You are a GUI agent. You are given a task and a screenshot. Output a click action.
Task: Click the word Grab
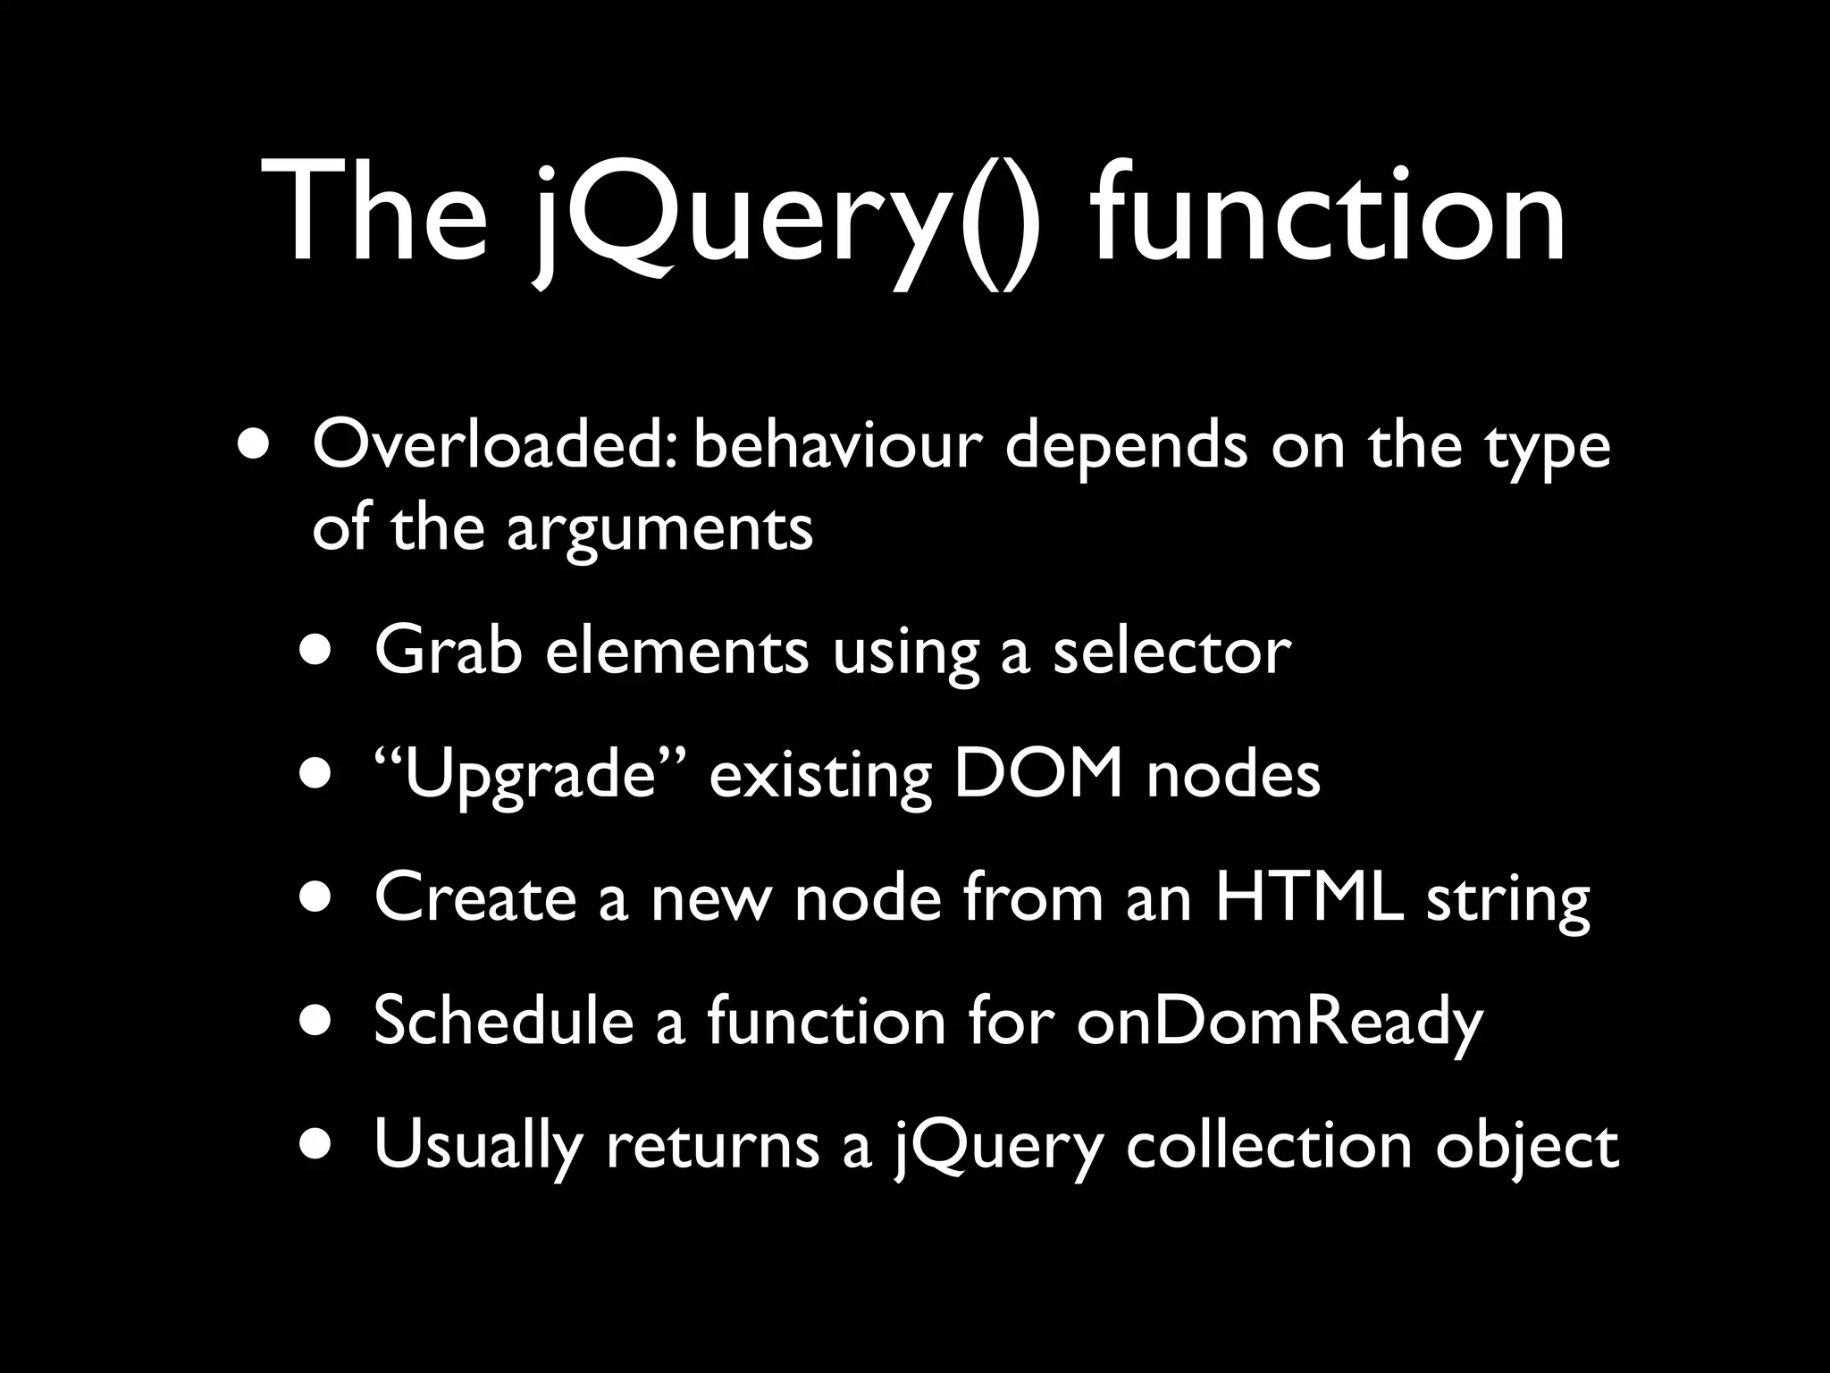(448, 651)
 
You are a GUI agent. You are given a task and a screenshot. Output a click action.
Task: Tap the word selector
(1171, 651)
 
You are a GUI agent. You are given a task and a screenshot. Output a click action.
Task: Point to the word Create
(474, 897)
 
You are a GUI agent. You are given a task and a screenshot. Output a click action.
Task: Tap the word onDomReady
(1279, 1023)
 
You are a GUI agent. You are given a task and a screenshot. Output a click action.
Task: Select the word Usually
(477, 1145)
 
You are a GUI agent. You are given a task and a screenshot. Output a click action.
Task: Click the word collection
(1269, 1144)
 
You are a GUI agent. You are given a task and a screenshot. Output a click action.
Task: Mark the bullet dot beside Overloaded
(253, 444)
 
